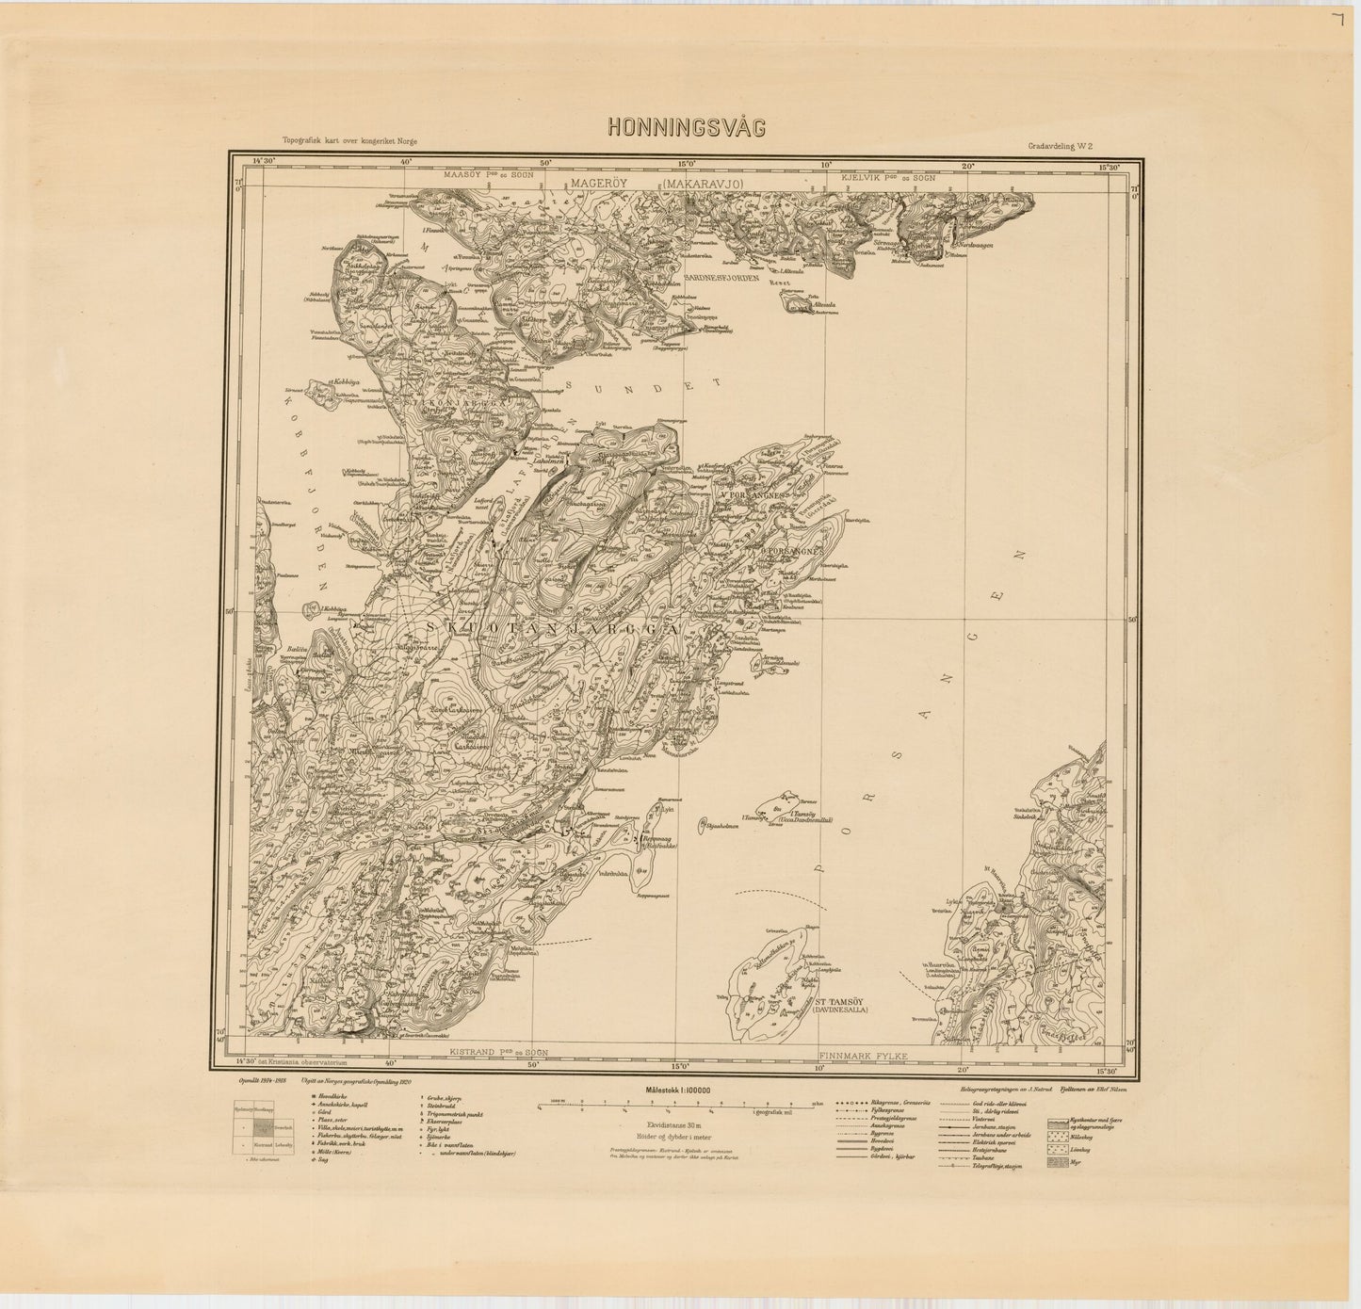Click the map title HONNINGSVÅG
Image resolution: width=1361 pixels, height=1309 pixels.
click(686, 128)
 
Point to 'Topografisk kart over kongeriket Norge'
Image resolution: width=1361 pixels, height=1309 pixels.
click(342, 139)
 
